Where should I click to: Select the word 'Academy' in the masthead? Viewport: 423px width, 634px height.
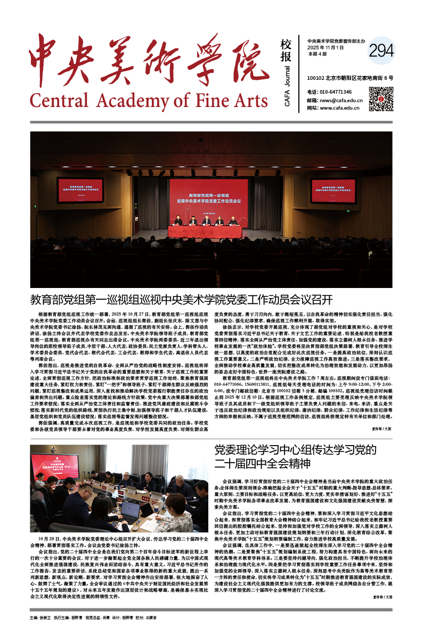[135, 100]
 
